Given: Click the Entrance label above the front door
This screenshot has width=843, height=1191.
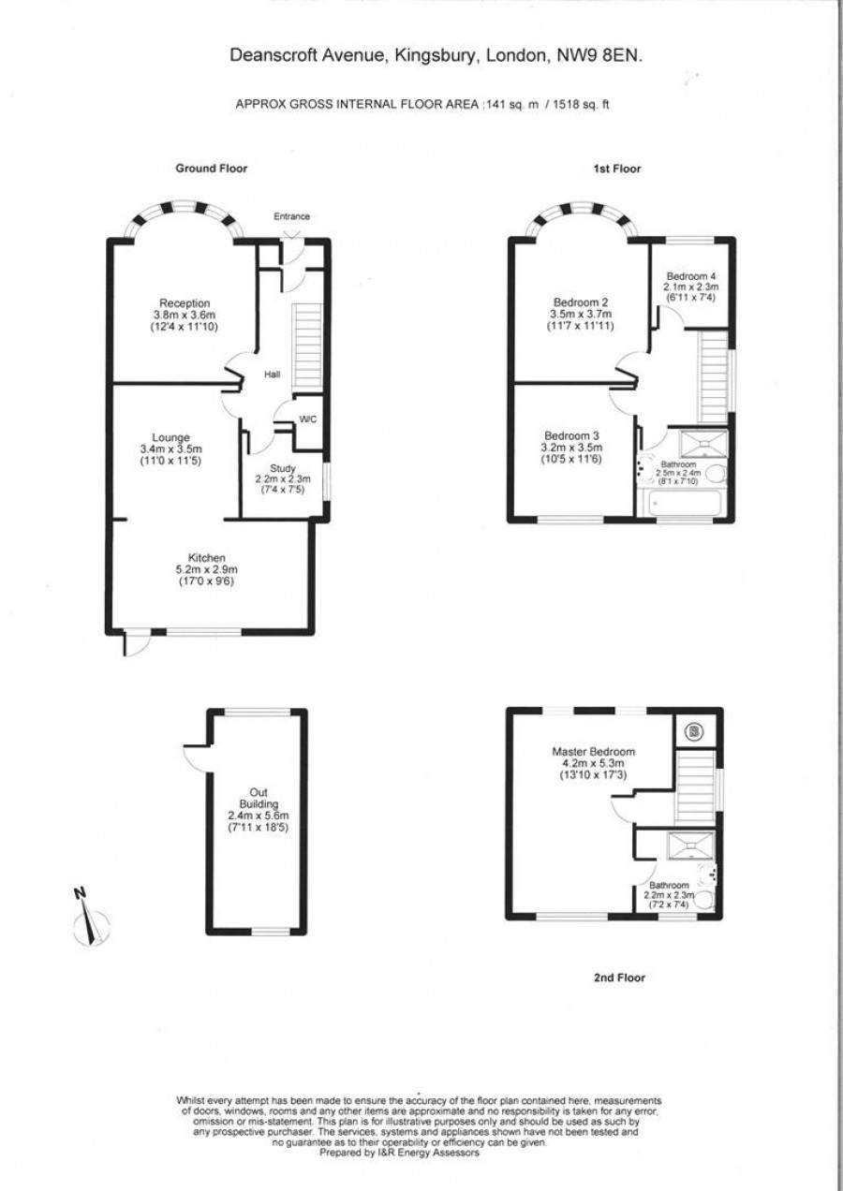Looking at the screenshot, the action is [x=291, y=216].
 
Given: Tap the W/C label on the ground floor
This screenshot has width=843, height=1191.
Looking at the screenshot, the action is [x=307, y=419].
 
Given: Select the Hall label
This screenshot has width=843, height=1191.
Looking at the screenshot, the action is [x=273, y=375].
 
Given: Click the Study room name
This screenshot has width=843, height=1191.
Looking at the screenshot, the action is [x=283, y=468].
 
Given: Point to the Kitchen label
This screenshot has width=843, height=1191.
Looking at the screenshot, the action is [x=207, y=558].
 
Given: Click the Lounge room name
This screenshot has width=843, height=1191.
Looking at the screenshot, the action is [x=170, y=437].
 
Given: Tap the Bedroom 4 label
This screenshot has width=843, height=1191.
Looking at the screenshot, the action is [x=691, y=276].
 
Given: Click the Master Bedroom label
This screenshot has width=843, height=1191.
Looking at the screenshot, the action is [x=594, y=752].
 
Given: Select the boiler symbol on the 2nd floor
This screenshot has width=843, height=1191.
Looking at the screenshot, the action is [x=694, y=732].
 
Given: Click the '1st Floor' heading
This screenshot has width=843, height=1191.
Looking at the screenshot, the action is [x=617, y=169].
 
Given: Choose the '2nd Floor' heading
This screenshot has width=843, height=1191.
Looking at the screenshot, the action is [x=620, y=978].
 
